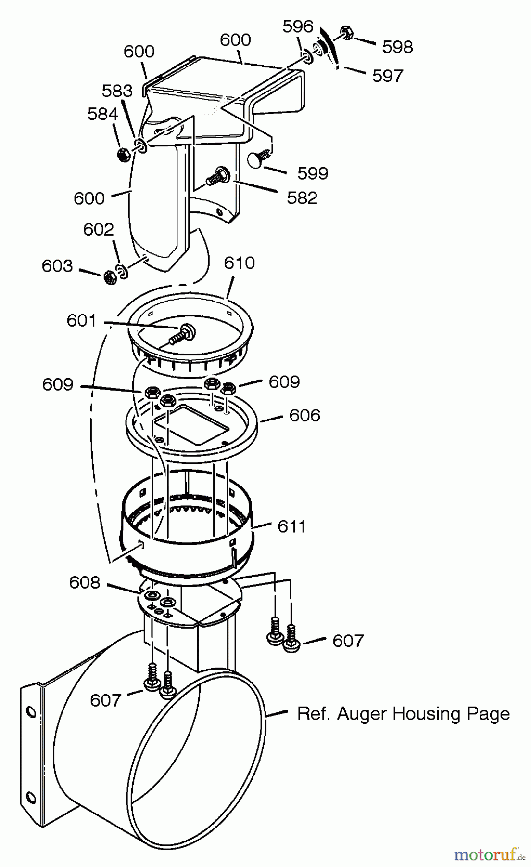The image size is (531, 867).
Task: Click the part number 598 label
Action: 397,47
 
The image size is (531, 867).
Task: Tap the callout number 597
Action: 387,76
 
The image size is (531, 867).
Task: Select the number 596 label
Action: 298,26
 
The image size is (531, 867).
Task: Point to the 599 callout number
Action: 313,173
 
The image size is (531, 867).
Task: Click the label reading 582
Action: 302,198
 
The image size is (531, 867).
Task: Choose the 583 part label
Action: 117,91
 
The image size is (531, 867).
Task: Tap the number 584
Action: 102,114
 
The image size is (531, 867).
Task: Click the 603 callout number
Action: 57,266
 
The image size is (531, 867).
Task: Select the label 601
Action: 82,321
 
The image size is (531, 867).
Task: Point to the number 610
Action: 239,263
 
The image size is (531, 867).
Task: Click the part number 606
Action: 304,415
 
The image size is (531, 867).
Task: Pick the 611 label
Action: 292,526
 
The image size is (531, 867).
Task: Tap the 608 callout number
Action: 85,582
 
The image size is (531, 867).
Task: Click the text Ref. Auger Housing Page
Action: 403,713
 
